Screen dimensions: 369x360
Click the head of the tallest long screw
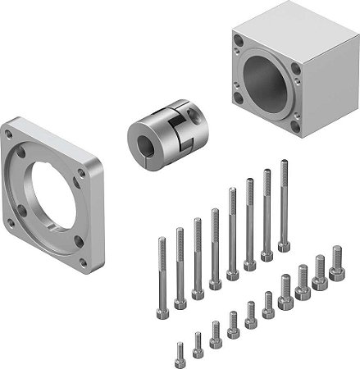pos(284,245)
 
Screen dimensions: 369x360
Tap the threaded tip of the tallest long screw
pos(284,165)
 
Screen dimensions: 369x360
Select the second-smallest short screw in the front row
pos(198,344)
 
